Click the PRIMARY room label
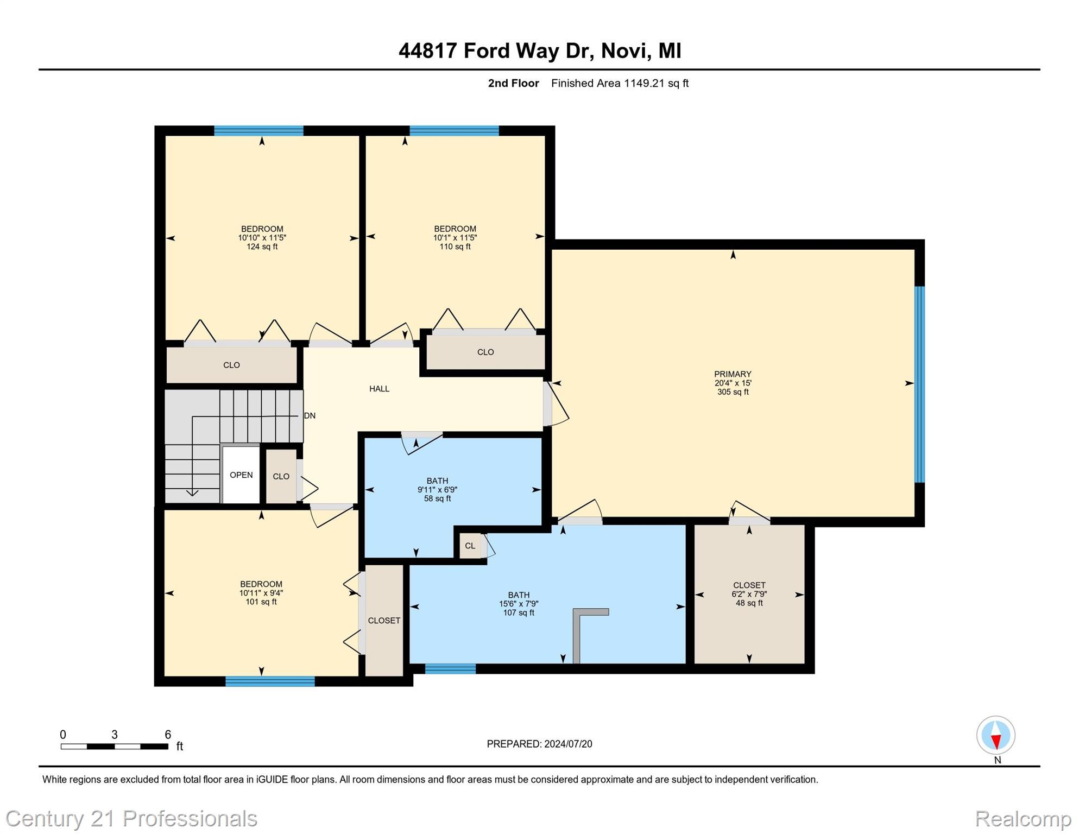coord(732,374)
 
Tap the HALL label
coord(379,389)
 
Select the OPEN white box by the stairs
coord(241,475)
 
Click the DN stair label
coord(310,416)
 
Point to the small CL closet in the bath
coord(470,546)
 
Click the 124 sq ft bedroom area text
coord(262,247)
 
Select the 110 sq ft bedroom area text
coord(455,247)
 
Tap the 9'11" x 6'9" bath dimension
coord(437,490)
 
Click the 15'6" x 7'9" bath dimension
coord(519,604)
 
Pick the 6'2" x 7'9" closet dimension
coord(749,594)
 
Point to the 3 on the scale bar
coord(115,735)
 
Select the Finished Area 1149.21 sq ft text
coord(620,83)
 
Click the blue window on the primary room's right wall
coord(919,384)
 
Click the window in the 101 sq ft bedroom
coord(270,681)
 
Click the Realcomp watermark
coord(1023,818)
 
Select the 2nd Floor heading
coord(513,83)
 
